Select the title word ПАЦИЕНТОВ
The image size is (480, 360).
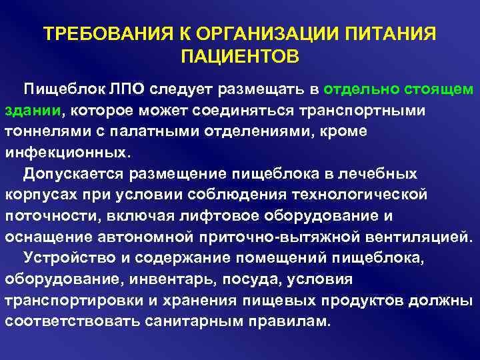point(239,57)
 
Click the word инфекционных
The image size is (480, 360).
point(65,152)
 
